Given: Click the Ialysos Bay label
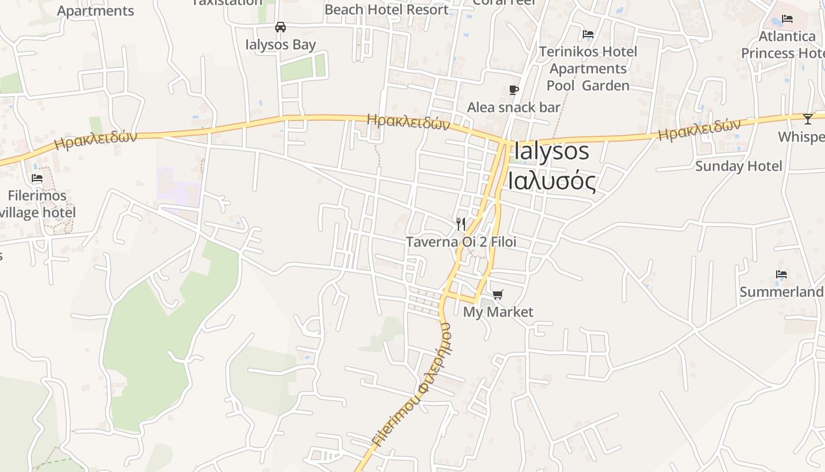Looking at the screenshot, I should (x=280, y=45).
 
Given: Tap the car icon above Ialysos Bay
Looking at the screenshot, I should (x=280, y=27).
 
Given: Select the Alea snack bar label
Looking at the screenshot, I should (x=513, y=107).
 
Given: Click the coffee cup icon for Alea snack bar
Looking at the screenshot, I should (x=514, y=90).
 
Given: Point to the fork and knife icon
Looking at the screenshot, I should (x=461, y=224).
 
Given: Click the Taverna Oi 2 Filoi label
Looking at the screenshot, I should (x=461, y=242).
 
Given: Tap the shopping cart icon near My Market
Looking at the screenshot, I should (x=498, y=294).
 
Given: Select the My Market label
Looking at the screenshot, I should (x=498, y=312).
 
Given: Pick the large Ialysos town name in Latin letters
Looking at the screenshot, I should (x=552, y=152).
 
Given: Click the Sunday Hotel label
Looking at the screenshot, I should (x=738, y=166).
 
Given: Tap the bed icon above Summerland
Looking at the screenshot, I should (x=781, y=274).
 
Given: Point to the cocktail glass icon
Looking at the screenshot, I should (x=807, y=119).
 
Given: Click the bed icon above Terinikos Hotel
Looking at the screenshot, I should (x=588, y=34).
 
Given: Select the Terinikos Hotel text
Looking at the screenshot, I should (x=588, y=52).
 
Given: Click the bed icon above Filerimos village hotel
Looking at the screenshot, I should (x=37, y=178).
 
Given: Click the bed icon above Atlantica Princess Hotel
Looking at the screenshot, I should (x=787, y=19).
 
